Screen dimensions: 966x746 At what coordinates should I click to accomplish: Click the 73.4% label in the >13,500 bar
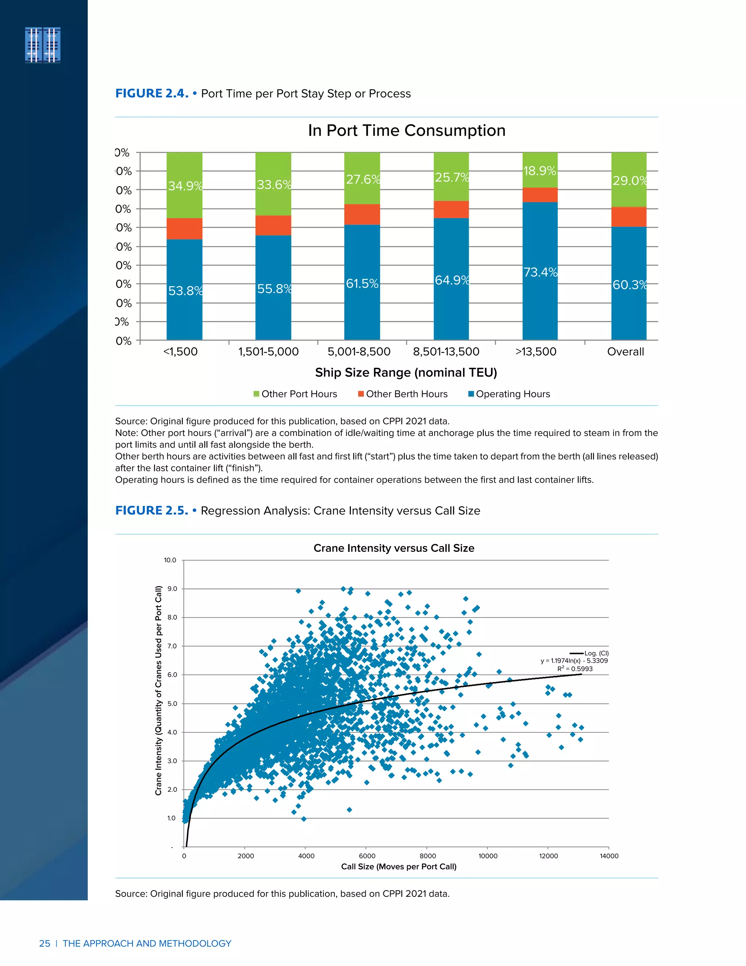point(540,272)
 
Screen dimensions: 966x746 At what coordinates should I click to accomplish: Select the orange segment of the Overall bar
point(628,217)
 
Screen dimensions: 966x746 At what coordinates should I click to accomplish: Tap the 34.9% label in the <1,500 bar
point(185,186)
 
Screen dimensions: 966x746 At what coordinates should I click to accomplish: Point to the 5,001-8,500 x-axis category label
point(359,352)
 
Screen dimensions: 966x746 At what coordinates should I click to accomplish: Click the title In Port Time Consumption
point(407,131)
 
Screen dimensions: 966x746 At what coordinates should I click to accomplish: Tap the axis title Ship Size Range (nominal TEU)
point(406,373)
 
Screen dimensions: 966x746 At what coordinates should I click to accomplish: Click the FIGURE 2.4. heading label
point(152,93)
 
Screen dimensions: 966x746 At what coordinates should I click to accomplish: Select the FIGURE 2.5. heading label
point(152,510)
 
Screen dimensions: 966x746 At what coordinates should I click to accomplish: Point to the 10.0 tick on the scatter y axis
point(170,560)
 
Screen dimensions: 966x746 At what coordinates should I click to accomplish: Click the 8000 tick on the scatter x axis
point(427,856)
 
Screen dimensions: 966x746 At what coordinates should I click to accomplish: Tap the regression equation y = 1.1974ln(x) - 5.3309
point(574,661)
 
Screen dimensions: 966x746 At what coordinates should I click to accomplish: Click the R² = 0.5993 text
point(574,669)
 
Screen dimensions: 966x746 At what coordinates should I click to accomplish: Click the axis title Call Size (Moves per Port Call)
point(398,866)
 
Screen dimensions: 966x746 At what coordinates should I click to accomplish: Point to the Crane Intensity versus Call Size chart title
point(394,548)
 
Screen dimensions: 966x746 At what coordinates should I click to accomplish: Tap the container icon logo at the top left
point(43,45)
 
